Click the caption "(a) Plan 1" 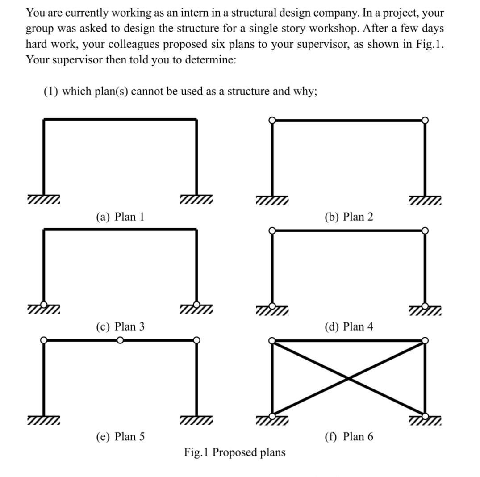click(120, 217)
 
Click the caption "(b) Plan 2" click(348, 217)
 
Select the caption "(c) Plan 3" click(120, 327)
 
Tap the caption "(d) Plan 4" click(348, 327)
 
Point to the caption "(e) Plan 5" click(120, 436)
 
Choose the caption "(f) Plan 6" click(348, 436)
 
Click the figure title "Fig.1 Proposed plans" click(235, 452)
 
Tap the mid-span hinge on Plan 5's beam click(120, 340)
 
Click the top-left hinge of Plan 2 click(272, 120)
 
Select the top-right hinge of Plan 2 click(425, 120)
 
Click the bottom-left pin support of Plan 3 click(44, 305)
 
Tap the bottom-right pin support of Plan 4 click(425, 305)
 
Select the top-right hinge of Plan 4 click(425, 230)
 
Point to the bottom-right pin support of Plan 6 click(425, 416)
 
